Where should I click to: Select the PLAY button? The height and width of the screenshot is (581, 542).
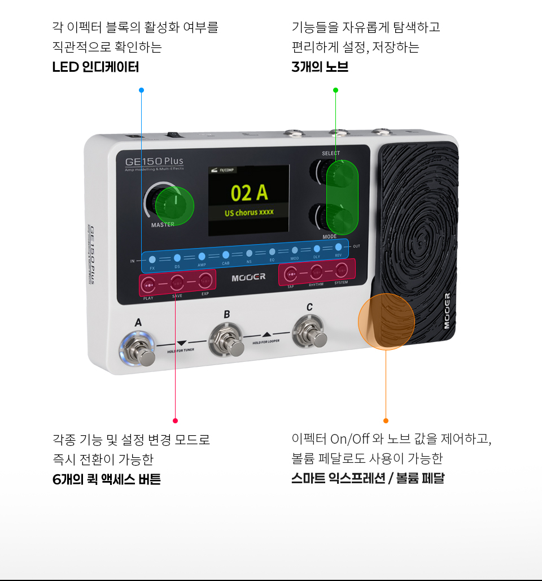tap(148, 285)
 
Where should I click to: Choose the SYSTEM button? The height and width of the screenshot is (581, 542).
tap(341, 270)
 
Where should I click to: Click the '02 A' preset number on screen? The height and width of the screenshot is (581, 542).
tap(249, 193)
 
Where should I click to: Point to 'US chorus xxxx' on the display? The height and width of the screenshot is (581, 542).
tap(249, 213)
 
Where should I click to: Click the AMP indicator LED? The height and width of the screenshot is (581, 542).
tap(202, 257)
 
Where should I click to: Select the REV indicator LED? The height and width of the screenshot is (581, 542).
tap(338, 247)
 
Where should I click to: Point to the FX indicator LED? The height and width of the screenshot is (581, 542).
tap(152, 259)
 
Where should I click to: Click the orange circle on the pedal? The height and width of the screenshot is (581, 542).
tap(386, 321)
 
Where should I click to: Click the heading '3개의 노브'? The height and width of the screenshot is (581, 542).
tap(320, 67)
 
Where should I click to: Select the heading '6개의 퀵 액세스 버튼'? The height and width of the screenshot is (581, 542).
tap(106, 480)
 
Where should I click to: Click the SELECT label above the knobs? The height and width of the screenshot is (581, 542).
tap(331, 154)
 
